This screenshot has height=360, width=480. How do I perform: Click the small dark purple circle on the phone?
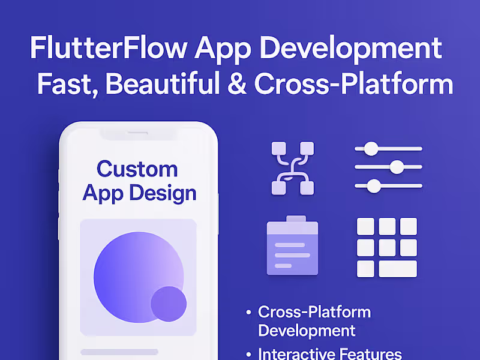coord(169,304)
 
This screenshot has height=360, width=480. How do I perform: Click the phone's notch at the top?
coord(138,133)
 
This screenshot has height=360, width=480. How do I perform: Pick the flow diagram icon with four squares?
coord(293,168)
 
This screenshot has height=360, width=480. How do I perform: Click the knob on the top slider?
coord(372,148)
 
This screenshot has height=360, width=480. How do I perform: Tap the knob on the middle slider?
coord(396,167)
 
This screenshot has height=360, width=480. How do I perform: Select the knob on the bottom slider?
coord(374,187)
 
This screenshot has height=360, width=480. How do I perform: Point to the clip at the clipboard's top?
coord(295,220)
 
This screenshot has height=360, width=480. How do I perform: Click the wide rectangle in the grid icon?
coord(397,268)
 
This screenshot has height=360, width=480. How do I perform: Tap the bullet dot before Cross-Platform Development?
coord(248,313)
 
